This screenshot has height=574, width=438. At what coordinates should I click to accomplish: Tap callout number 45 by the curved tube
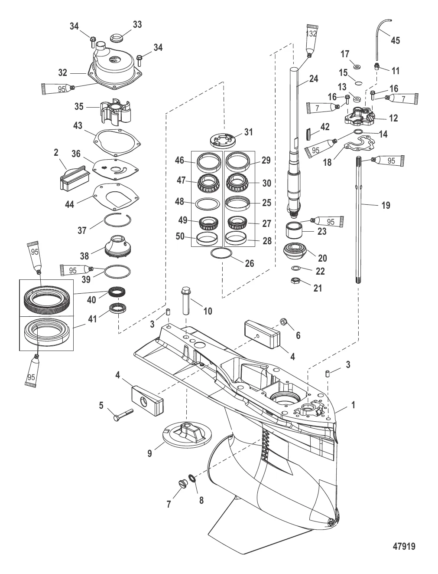tap(395, 40)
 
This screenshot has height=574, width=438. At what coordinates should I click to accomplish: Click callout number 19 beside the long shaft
tap(385, 205)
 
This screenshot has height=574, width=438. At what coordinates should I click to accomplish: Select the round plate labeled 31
tap(223, 140)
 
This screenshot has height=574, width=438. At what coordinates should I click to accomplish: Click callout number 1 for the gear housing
tap(353, 405)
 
